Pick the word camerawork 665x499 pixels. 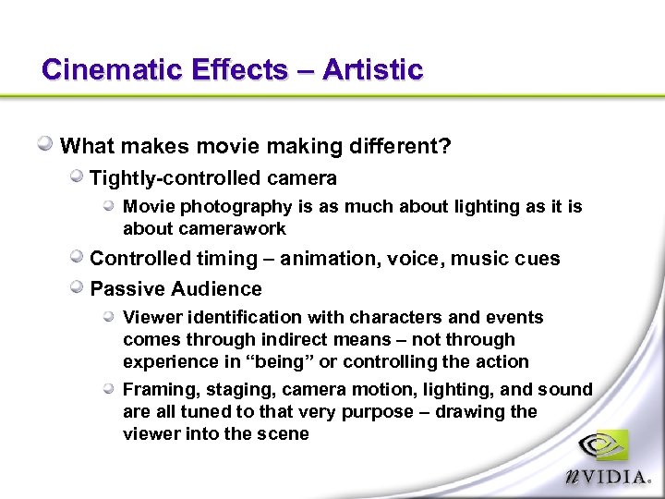tap(234, 228)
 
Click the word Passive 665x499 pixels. tap(127, 289)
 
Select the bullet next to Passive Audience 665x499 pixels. tap(77, 287)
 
